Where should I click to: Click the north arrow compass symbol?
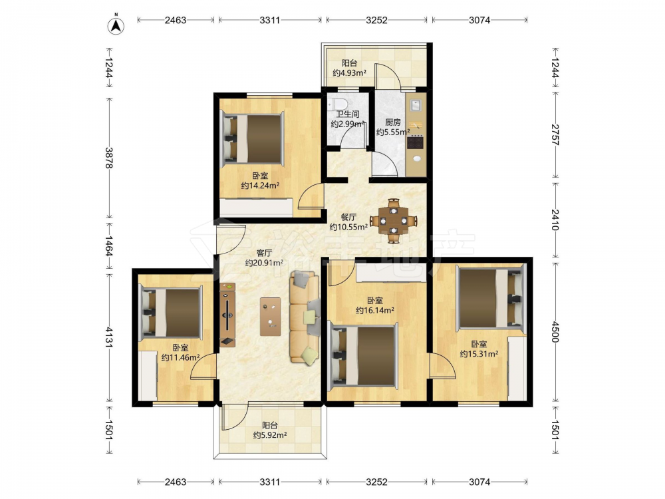[x=115, y=25]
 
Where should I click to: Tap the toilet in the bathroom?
[x=339, y=104]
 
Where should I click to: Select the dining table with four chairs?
[x=394, y=221]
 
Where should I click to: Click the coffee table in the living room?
[x=270, y=317]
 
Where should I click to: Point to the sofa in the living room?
[x=305, y=317]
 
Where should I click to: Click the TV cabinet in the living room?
[x=227, y=315]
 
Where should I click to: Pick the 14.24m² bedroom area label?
[x=261, y=186]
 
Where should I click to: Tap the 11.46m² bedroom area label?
[x=180, y=358]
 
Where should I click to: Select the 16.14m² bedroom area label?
[x=375, y=310]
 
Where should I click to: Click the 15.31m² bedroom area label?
[x=479, y=354]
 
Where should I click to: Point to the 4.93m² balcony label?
[x=350, y=73]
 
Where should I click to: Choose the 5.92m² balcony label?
[x=270, y=435]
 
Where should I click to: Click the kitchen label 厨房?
[x=393, y=122]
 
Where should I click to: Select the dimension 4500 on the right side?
[x=555, y=332]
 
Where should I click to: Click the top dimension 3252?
[x=376, y=20]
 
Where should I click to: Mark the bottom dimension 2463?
[x=176, y=482]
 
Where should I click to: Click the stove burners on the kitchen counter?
[x=415, y=142]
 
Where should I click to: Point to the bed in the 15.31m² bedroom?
[x=491, y=297]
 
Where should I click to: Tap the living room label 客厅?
[x=264, y=253]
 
